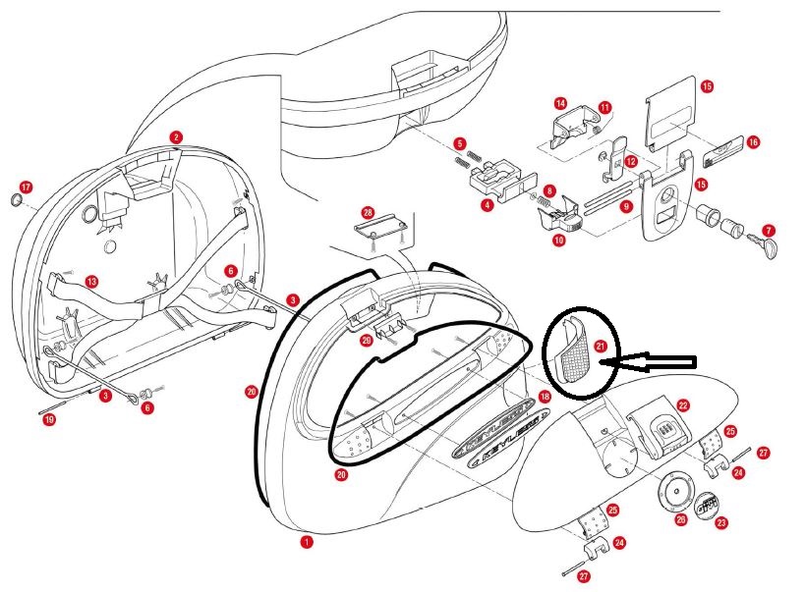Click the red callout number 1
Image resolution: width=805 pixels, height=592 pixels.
click(307, 541)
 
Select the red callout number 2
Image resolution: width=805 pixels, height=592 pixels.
click(175, 137)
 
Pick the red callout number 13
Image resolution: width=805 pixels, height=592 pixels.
click(91, 282)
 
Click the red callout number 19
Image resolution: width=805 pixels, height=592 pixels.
click(49, 420)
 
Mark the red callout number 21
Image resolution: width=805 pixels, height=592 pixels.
click(601, 345)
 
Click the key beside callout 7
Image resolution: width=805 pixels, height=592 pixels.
click(764, 243)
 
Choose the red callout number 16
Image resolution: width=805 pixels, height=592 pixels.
click(753, 142)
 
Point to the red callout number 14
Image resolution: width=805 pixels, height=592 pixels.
click(560, 103)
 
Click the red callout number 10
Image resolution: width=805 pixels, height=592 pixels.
click(558, 240)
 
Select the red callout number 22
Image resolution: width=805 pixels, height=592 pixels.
click(682, 404)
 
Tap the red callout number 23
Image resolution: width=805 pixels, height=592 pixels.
click(721, 523)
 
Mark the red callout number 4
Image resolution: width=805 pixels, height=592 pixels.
click(487, 206)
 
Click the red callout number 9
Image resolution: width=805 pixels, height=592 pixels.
click(625, 206)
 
